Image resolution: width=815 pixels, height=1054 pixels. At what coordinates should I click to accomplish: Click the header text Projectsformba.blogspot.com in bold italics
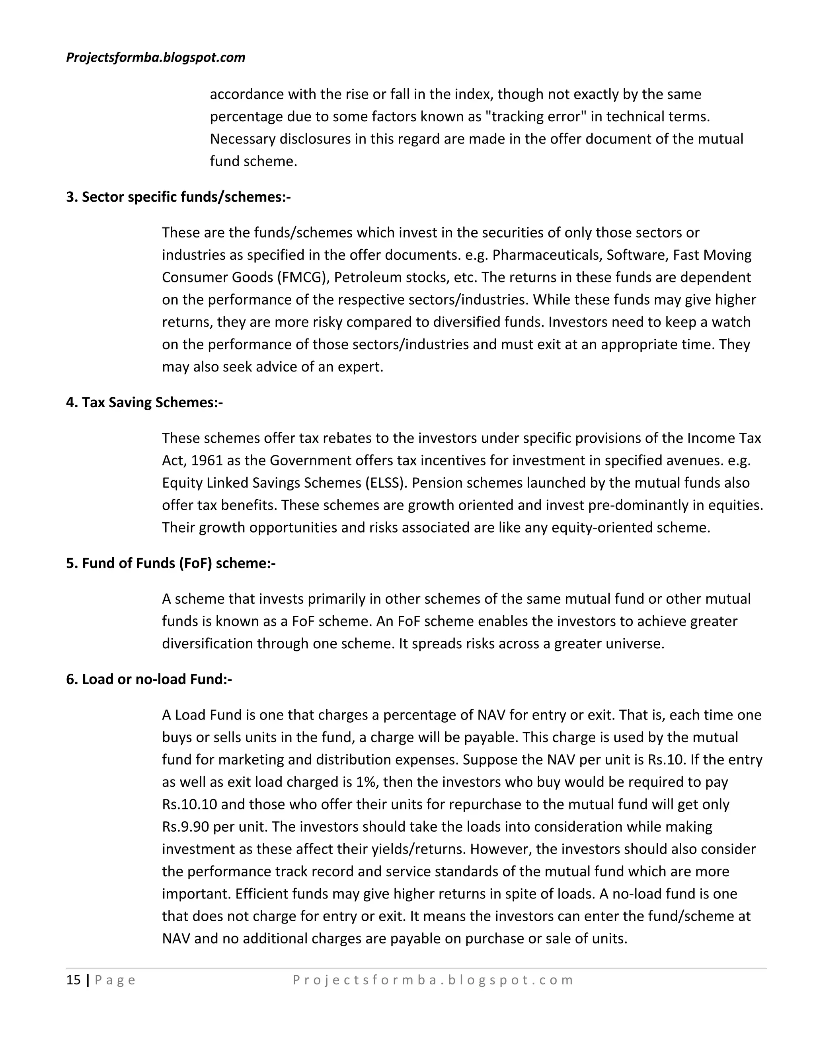156,57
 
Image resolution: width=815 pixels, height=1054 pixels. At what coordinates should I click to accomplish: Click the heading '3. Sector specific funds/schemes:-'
178,197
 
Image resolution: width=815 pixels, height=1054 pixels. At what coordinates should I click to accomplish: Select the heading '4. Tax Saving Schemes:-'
144,402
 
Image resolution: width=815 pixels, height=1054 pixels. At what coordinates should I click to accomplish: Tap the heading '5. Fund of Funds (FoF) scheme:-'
170,563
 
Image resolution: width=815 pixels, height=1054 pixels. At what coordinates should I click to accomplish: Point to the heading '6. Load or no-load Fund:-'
149,679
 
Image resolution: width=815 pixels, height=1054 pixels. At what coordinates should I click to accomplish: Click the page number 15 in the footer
73,980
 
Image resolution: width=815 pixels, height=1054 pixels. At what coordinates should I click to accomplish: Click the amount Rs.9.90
185,827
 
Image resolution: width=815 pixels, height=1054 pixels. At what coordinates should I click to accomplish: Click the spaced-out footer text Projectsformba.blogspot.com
433,980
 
